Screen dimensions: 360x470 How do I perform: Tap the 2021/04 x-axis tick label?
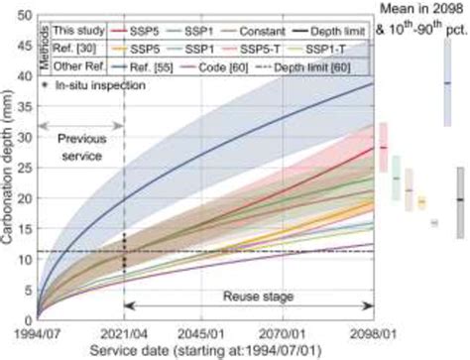122,332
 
